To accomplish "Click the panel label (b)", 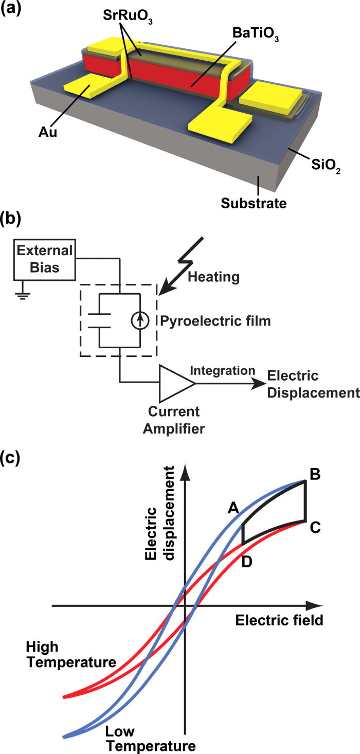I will point(11,219).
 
